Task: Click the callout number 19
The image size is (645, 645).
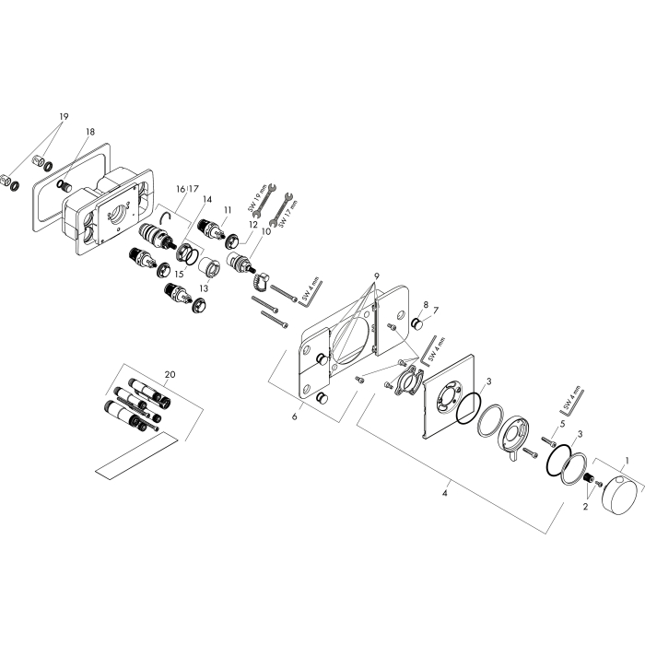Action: coord(64,116)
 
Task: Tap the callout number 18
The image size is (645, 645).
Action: coord(90,132)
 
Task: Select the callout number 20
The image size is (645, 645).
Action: coord(170,374)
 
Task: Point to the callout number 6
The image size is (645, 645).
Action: coord(295,416)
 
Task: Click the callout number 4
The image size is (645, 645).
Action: coord(444,493)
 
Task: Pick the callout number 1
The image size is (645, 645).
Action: coord(627,460)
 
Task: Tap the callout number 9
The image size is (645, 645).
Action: coord(376,276)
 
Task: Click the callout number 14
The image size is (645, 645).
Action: coord(207,200)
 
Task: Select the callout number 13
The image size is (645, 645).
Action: coord(204,288)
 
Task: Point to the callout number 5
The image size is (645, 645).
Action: coord(562,424)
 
